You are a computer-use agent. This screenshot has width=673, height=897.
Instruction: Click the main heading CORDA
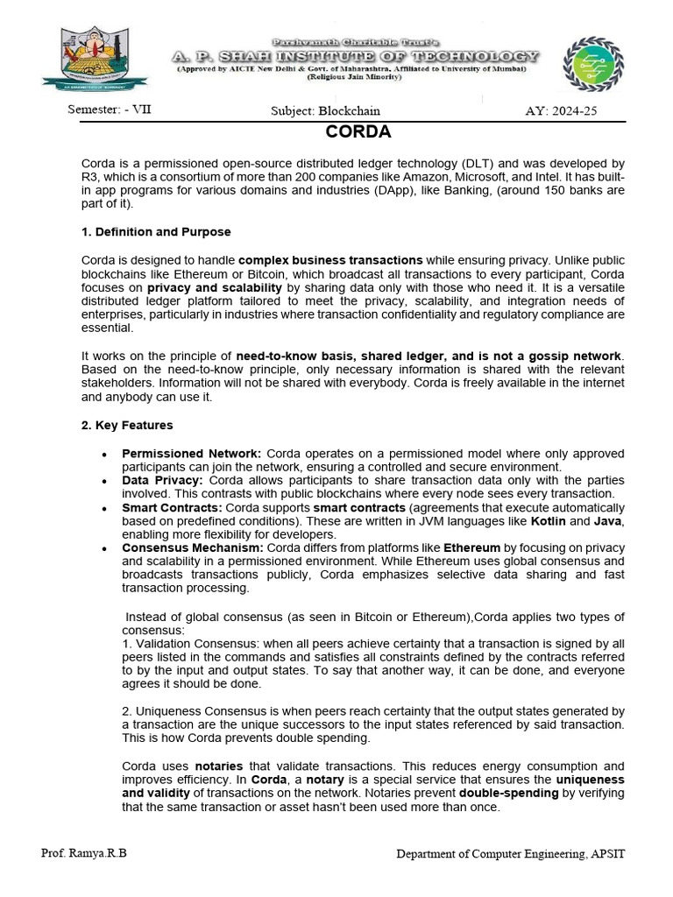click(x=358, y=133)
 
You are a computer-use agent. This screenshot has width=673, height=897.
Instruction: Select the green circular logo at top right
click(x=593, y=65)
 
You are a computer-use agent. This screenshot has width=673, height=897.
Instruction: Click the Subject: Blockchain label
click(x=325, y=111)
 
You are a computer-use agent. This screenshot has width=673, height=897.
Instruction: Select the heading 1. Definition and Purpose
click(x=156, y=232)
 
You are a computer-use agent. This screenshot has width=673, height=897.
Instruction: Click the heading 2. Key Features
click(x=127, y=425)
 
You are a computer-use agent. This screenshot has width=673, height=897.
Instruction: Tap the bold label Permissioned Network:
click(x=191, y=454)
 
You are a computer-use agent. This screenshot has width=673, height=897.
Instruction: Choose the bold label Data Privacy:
click(x=162, y=481)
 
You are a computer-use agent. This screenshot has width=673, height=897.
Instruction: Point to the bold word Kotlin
click(x=549, y=521)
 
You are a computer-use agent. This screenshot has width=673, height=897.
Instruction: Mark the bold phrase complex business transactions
click(x=330, y=260)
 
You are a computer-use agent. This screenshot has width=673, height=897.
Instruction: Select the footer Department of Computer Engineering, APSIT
click(x=511, y=853)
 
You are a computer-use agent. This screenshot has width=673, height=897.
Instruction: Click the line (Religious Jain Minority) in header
click(x=354, y=77)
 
